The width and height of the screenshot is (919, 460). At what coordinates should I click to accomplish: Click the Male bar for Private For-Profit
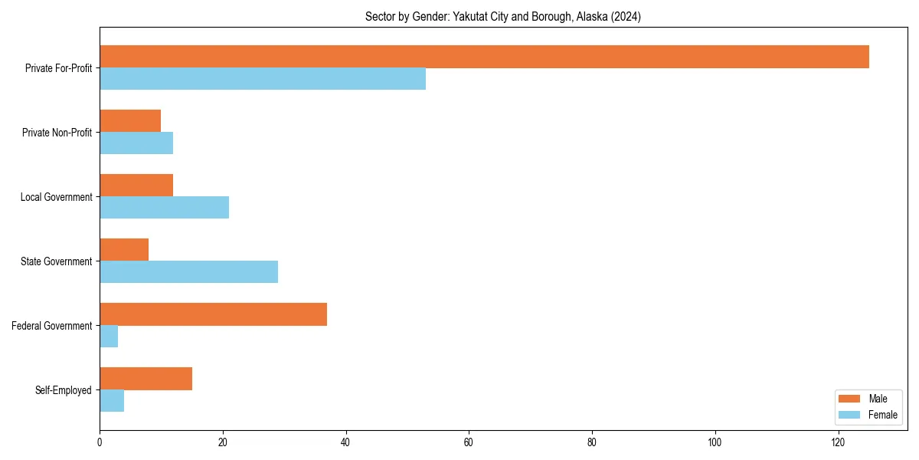pyautogui.click(x=484, y=57)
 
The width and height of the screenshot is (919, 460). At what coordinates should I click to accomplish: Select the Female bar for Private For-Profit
pyautogui.click(x=263, y=79)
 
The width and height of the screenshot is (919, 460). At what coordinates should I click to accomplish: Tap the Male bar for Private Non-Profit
pyautogui.click(x=130, y=121)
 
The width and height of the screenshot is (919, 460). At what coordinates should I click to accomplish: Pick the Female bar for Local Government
pyautogui.click(x=164, y=207)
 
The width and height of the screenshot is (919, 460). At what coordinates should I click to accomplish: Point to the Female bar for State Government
pyautogui.click(x=188, y=271)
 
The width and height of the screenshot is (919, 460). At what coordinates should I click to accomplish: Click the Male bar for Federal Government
pyautogui.click(x=213, y=314)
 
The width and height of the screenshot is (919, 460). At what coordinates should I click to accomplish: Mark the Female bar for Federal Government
pyautogui.click(x=109, y=337)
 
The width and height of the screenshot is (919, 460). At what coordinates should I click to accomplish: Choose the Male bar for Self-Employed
pyautogui.click(x=146, y=379)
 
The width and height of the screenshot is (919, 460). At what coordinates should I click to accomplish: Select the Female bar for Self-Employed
pyautogui.click(x=112, y=401)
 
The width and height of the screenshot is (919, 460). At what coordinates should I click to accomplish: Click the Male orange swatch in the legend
pyautogui.click(x=850, y=399)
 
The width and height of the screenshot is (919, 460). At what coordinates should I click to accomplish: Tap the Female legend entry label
pyautogui.click(x=882, y=415)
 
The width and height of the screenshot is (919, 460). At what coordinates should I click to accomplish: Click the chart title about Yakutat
pyautogui.click(x=503, y=16)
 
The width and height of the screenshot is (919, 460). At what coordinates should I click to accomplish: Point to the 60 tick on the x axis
pyautogui.click(x=469, y=442)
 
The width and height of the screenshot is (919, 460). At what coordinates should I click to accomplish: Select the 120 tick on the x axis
pyautogui.click(x=838, y=442)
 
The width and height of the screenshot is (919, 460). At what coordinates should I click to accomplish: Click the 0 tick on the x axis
pyautogui.click(x=100, y=442)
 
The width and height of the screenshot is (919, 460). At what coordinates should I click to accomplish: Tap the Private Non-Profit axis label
pyautogui.click(x=57, y=133)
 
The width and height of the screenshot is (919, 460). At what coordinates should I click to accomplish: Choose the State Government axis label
pyautogui.click(x=56, y=261)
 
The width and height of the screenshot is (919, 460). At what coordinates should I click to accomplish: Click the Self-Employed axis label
pyautogui.click(x=63, y=390)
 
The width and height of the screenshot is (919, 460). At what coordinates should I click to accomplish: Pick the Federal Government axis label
pyautogui.click(x=52, y=326)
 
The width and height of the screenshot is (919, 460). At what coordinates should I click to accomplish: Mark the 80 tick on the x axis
pyautogui.click(x=592, y=442)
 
